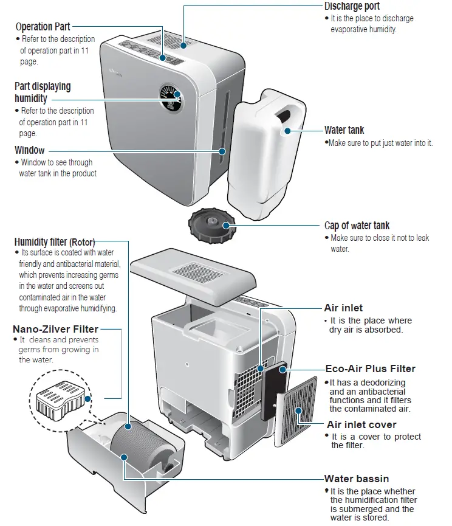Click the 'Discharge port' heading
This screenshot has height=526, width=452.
(x=352, y=6)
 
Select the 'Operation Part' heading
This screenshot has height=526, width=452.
(x=43, y=27)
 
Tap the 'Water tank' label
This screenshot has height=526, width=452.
(x=344, y=130)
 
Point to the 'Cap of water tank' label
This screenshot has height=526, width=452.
(x=357, y=226)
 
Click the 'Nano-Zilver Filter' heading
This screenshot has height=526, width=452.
(x=55, y=329)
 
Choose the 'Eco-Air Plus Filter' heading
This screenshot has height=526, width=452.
(x=371, y=369)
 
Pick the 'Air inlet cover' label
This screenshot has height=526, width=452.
(x=361, y=424)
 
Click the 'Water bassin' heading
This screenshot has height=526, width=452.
(x=357, y=479)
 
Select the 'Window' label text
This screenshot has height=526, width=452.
(x=30, y=150)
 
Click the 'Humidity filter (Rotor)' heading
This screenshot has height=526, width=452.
(x=55, y=241)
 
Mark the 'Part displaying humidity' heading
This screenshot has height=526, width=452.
(x=43, y=92)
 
